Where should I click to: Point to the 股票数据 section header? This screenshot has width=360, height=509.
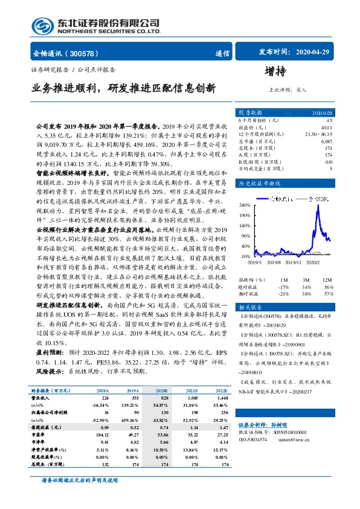pyautogui.click(x=250, y=112)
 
